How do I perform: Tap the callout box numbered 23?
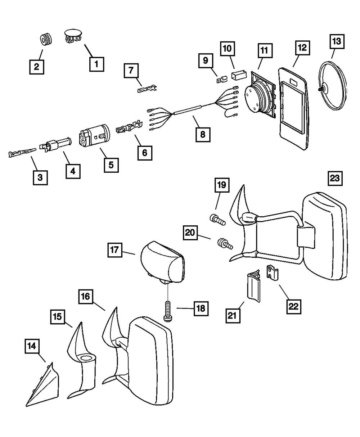335,178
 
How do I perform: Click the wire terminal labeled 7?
148,88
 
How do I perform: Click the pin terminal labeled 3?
22,154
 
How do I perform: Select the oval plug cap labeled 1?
73,37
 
